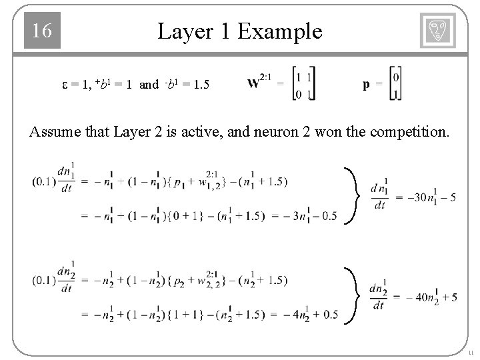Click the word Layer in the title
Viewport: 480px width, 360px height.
[x=184, y=31]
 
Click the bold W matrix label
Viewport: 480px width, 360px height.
[x=255, y=84]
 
